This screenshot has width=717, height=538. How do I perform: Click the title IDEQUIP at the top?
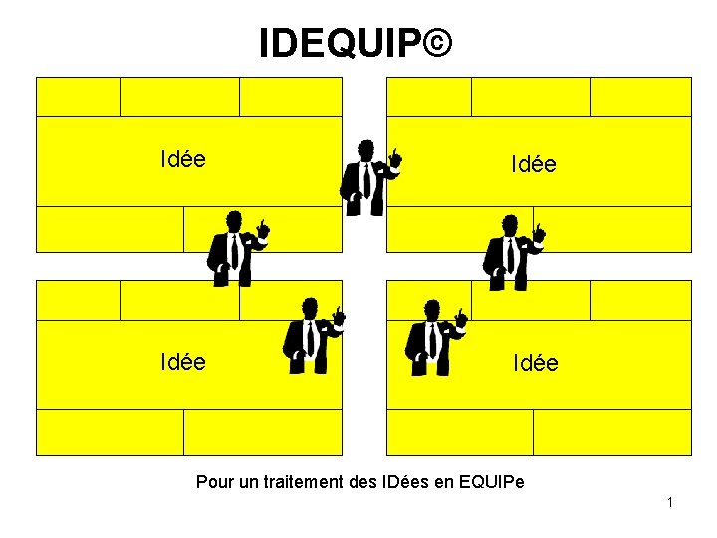pyautogui.click(x=339, y=44)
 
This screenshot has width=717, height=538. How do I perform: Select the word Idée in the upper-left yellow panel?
pyautogui.click(x=183, y=159)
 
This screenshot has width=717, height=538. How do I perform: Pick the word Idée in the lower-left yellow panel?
pyautogui.click(x=183, y=361)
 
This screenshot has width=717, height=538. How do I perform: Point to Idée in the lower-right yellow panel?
pyautogui.click(x=536, y=364)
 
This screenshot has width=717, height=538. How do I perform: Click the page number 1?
pyautogui.click(x=670, y=502)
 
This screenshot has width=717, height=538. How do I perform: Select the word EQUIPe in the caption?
pyautogui.click(x=492, y=483)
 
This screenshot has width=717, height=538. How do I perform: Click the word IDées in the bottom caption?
pyautogui.click(x=405, y=483)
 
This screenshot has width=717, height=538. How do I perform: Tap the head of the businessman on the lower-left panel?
pyautogui.click(x=310, y=307)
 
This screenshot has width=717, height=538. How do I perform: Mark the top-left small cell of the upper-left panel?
pyautogui.click(x=79, y=97)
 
